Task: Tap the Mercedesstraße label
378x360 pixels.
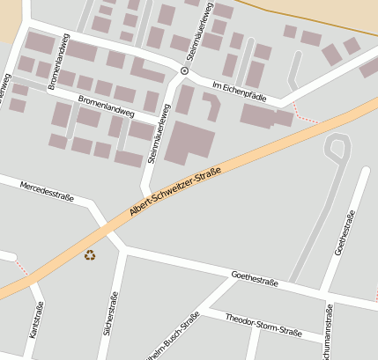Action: (47, 188)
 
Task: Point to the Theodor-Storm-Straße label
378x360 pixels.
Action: (263, 324)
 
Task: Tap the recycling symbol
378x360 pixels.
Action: (90, 255)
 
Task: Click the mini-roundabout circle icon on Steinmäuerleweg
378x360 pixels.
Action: (184, 70)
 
